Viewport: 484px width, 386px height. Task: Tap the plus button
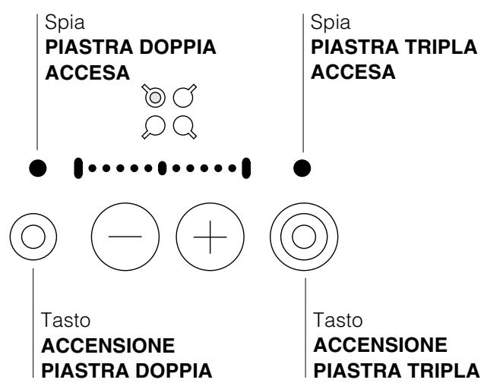[x=210, y=237]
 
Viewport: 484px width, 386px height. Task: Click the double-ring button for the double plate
[x=33, y=237]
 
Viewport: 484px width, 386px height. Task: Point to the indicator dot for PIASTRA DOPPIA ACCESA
[x=37, y=166]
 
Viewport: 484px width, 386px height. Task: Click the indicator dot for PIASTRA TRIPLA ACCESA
[x=302, y=166]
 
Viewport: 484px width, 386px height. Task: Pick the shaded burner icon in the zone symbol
[x=154, y=97]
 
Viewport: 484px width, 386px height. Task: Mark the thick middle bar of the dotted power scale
[x=161, y=166]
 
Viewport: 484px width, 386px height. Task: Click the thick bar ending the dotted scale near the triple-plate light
[x=245, y=166]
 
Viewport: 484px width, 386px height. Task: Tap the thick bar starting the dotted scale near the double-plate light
[x=78, y=166]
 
